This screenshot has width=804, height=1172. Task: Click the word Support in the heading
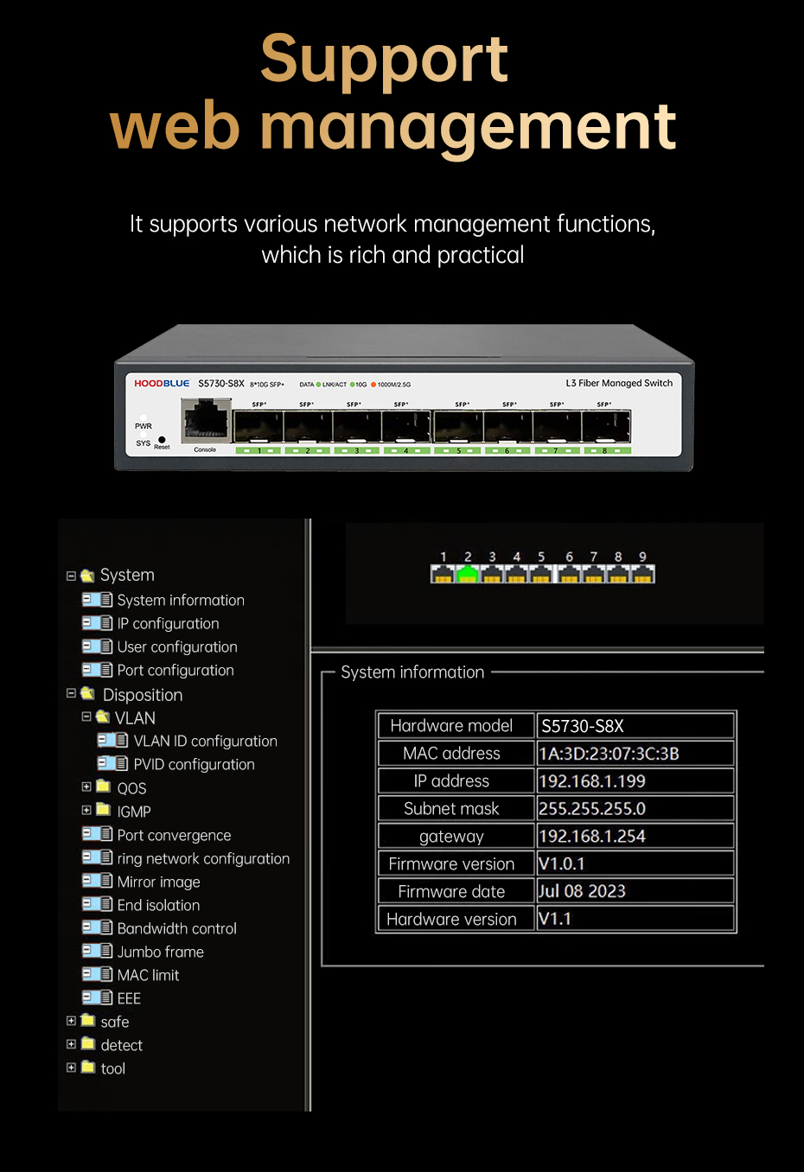pos(384,60)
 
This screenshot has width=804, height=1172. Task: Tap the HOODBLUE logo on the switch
pos(162,383)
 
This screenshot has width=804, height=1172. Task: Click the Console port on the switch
pos(206,421)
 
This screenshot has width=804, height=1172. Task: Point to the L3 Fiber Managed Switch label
pos(619,383)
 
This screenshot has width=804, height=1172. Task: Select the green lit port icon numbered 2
pos(468,574)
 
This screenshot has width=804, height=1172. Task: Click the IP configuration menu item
pos(168,623)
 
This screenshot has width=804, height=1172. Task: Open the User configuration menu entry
pos(177,647)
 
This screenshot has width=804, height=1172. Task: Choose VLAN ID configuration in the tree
pos(205,741)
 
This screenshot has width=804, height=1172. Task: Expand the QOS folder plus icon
pos(86,787)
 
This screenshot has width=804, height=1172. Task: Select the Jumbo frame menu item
pos(160,952)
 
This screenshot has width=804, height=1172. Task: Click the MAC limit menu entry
pos(148,975)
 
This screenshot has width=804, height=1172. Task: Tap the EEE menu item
pos(129,998)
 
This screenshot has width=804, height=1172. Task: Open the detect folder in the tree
pos(121,1045)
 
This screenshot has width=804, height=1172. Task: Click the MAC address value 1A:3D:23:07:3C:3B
pos(609,754)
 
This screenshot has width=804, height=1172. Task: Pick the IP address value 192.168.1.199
pos(592,781)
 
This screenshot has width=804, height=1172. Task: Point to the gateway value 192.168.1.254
pos(592,837)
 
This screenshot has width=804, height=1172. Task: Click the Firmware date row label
pos(451,892)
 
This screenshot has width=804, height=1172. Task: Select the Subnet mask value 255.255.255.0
pos(592,809)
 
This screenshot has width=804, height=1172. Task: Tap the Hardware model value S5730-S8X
pos(583,726)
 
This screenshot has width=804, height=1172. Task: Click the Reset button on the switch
pos(162,440)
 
